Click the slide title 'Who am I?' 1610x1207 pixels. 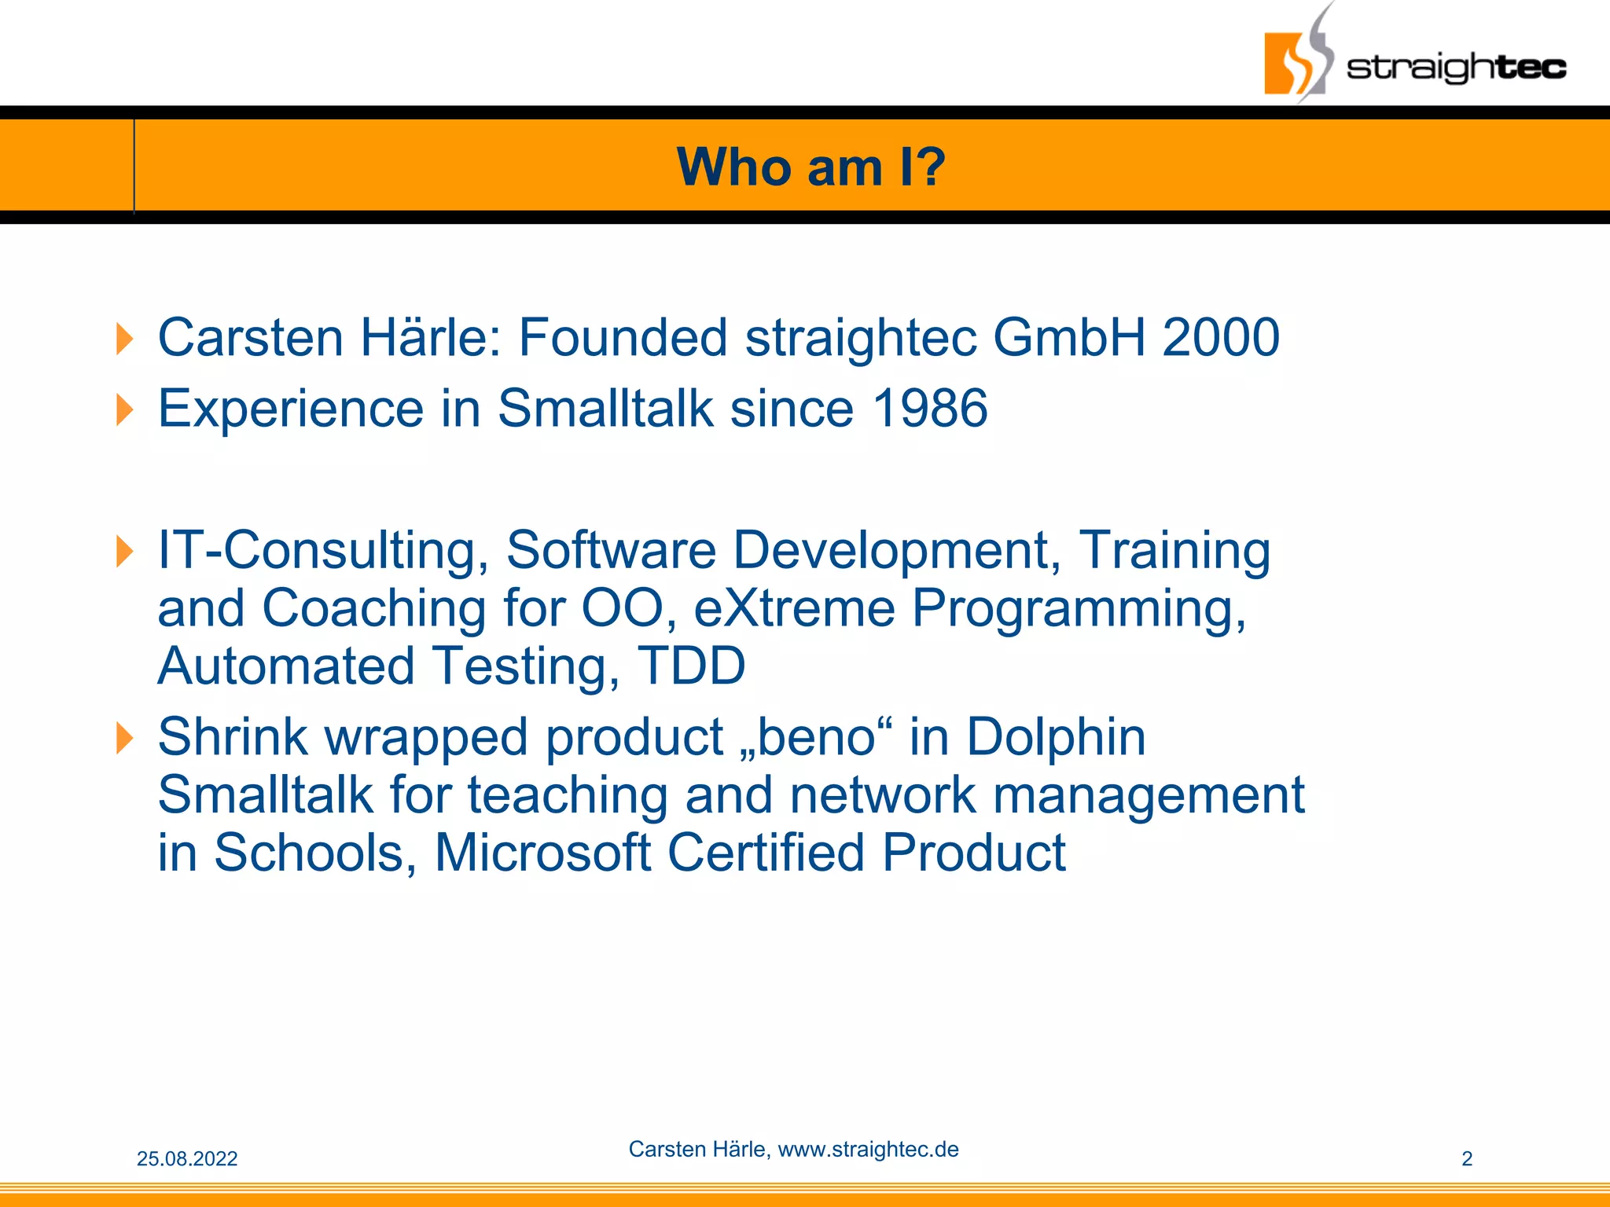[811, 167]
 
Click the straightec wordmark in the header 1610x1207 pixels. [1456, 68]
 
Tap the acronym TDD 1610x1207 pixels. [691, 666]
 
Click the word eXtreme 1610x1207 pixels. [794, 609]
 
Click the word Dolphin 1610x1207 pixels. [1055, 737]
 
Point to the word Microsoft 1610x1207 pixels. [542, 853]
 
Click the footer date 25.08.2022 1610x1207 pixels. [187, 1159]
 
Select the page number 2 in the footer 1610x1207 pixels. [1466, 1159]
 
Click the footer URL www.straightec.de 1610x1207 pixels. [868, 1150]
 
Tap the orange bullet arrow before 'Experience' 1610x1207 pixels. [124, 410]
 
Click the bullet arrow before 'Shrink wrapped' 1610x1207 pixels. [124, 738]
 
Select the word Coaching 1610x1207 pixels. [373, 609]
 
